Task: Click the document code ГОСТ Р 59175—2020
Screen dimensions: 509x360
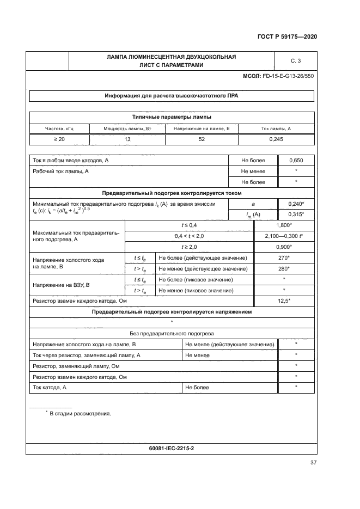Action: click(x=287, y=36)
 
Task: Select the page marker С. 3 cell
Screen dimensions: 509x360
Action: click(x=296, y=60)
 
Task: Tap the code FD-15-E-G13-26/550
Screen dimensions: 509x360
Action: click(x=288, y=76)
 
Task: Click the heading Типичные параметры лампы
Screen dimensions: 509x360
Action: click(x=172, y=117)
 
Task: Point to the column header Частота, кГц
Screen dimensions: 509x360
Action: click(x=59, y=128)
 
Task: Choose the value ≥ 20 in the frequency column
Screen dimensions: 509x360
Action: click(x=59, y=139)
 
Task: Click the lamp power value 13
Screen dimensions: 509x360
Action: click(x=127, y=139)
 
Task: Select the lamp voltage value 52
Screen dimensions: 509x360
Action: click(x=202, y=139)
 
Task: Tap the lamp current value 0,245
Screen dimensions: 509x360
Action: click(x=276, y=139)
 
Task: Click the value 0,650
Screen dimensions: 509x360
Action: click(x=296, y=161)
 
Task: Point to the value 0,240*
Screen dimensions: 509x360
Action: click(x=296, y=203)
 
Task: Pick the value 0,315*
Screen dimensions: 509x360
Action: click(x=296, y=214)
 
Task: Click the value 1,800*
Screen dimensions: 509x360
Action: click(x=284, y=225)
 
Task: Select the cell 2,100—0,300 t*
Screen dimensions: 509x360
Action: click(x=284, y=236)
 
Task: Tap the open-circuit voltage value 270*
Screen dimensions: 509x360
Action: click(x=284, y=257)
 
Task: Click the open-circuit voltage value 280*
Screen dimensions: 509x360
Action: click(x=284, y=268)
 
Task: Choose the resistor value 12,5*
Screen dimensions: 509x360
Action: click(x=284, y=301)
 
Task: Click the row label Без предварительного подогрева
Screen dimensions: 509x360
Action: click(x=172, y=333)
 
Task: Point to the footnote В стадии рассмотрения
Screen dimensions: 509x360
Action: click(x=80, y=414)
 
